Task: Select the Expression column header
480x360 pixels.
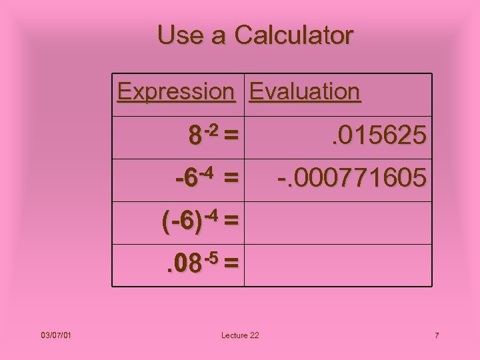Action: (176, 91)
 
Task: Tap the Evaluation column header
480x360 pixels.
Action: (305, 91)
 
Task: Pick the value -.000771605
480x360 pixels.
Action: (352, 178)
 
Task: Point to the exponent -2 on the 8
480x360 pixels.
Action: (212, 129)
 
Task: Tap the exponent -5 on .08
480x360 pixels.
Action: (213, 256)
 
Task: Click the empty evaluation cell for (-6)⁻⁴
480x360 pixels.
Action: (337, 223)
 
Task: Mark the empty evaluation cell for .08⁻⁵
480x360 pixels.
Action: (337, 265)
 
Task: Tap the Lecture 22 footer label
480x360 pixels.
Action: (240, 335)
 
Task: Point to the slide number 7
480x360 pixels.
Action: (437, 335)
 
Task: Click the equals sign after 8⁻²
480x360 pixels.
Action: (231, 137)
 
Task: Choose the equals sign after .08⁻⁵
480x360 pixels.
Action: (231, 264)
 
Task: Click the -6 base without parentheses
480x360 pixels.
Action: (187, 180)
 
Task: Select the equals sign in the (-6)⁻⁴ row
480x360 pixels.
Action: (231, 221)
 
